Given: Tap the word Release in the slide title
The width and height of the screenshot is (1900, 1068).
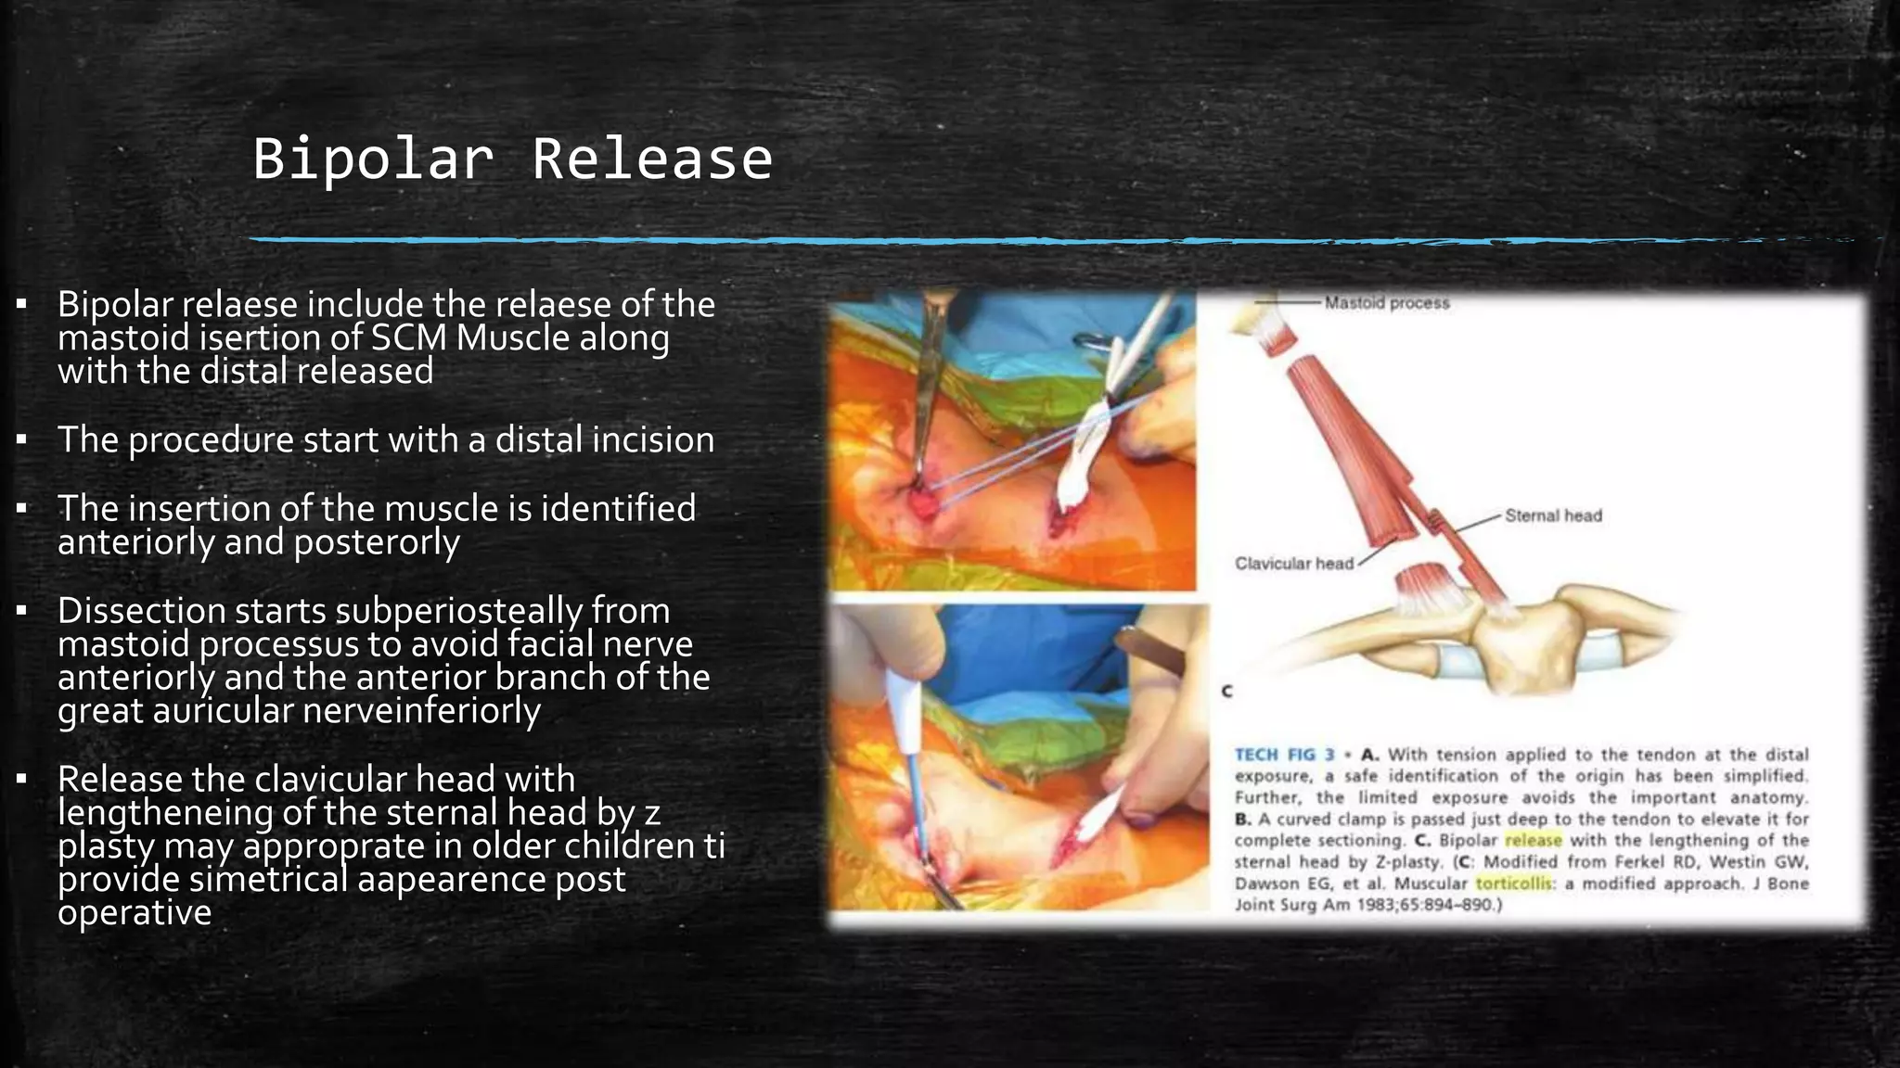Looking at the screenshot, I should pos(651,159).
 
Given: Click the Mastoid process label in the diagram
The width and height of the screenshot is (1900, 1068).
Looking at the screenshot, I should pos(1386,303).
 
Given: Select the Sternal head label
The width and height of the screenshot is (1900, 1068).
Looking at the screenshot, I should pos(1553,515).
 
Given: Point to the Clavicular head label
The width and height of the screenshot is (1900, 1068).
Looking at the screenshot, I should pos(1293,564).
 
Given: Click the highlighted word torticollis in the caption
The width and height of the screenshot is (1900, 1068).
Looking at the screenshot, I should pos(1513,884).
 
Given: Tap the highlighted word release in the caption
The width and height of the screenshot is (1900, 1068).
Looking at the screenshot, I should pos(1533,841).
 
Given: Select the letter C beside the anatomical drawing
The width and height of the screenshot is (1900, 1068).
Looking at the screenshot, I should pos(1226,692).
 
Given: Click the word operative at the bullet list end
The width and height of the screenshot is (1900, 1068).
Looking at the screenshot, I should pos(135,913).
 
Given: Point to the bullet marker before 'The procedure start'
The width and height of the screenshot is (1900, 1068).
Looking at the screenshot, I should pos(21,439).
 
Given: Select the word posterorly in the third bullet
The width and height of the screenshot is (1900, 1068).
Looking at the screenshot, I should pos(376,542).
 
